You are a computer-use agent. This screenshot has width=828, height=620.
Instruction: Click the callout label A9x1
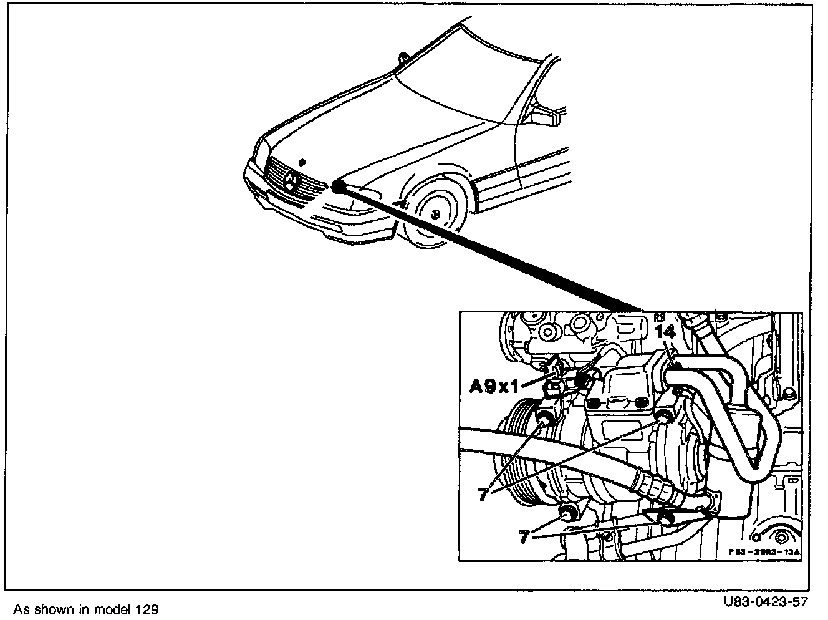coord(494,387)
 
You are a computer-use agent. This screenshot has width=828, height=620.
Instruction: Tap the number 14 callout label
coord(665,332)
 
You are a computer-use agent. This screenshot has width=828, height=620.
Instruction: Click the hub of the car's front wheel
coord(435,214)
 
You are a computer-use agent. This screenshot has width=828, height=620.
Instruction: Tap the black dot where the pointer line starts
coord(338,186)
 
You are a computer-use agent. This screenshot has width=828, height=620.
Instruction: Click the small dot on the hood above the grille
coord(302,161)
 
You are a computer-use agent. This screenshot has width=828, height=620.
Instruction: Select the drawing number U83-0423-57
coord(766,603)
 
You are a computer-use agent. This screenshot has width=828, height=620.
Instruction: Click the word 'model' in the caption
coord(113,609)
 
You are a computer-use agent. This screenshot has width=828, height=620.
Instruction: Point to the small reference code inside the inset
coord(764,552)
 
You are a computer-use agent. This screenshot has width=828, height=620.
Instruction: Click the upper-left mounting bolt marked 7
coord(544,417)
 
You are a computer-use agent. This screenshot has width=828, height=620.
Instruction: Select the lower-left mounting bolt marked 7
coord(567,514)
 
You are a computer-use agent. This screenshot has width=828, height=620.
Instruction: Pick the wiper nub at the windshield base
coord(403,58)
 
